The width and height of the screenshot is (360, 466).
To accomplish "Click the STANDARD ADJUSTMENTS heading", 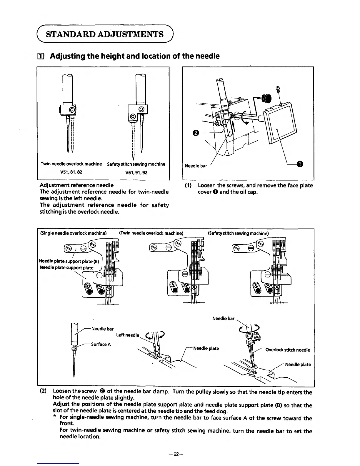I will (x=105, y=34).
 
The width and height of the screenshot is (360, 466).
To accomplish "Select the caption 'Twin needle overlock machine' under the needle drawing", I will (x=71, y=164).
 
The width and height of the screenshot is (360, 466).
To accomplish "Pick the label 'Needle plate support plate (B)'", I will (x=69, y=261).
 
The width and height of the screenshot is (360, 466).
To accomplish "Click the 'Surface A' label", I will (x=101, y=344).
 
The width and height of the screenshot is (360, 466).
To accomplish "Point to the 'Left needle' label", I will (x=127, y=335).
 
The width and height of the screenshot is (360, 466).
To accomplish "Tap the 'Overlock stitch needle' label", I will (x=288, y=350).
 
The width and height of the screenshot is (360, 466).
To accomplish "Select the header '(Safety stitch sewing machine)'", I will (x=238, y=233).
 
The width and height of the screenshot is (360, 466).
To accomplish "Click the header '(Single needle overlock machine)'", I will (x=73, y=233).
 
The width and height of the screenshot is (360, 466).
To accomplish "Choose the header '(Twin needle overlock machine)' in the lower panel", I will (x=151, y=233).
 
